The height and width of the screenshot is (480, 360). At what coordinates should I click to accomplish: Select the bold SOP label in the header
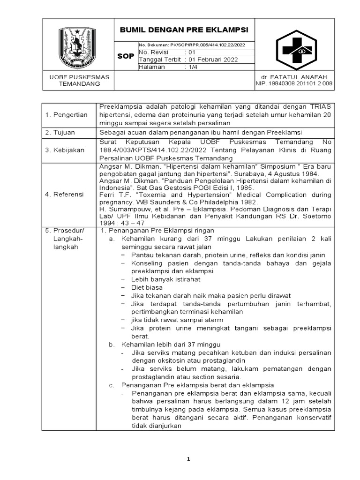click(125, 56)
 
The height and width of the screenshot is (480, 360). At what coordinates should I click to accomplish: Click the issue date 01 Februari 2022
click(212, 60)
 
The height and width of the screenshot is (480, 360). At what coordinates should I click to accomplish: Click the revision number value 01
click(191, 52)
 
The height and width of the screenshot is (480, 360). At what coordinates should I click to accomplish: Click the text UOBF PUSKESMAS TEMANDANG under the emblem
click(79, 80)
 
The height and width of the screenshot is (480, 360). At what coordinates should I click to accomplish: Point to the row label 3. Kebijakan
click(64, 150)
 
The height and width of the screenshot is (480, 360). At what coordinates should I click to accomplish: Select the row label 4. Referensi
click(64, 194)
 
